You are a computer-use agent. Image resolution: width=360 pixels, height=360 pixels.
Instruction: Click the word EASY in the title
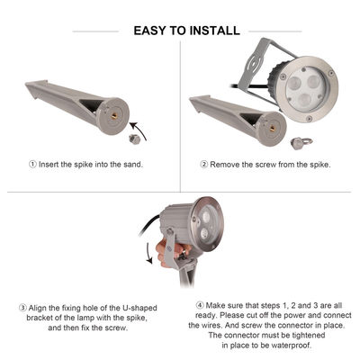pos(149,31)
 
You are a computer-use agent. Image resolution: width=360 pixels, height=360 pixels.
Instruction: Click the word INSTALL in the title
pos(215,31)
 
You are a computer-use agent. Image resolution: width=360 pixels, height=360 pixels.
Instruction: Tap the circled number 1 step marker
pos(32,165)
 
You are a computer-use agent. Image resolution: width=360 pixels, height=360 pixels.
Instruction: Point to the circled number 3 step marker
pos(22,307)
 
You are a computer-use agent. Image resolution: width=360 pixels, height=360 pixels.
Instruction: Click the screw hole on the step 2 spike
pos(271,129)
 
